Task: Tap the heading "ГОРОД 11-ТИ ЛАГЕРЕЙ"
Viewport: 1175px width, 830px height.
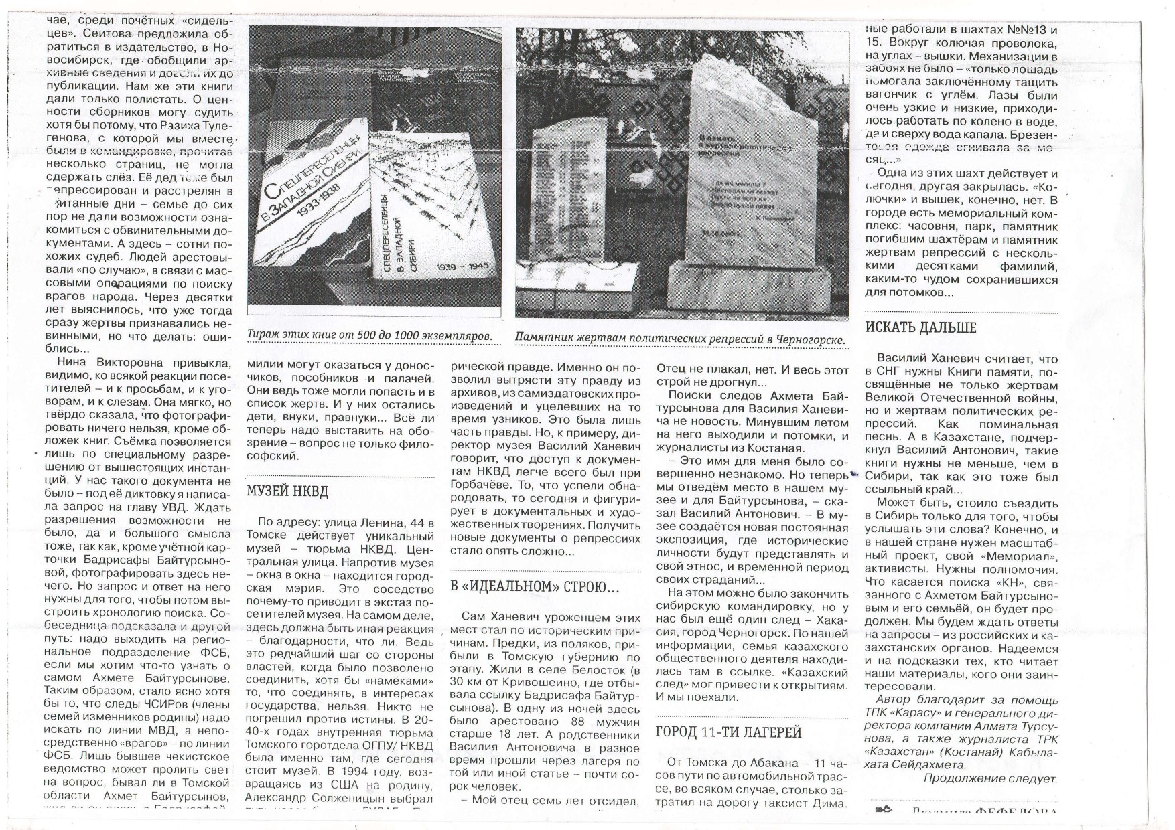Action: pos(729,732)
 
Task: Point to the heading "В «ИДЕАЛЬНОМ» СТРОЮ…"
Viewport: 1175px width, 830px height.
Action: pos(534,587)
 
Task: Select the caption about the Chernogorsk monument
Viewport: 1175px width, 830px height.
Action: pos(680,339)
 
